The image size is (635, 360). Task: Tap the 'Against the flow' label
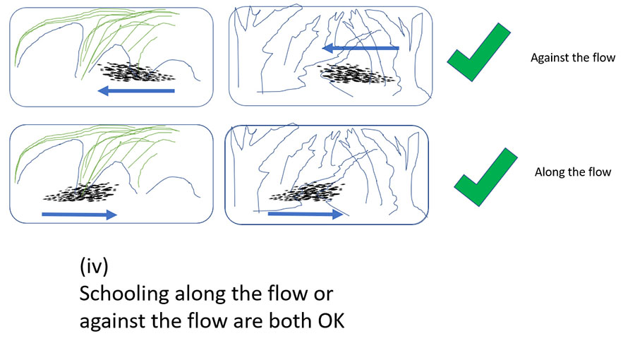[x=573, y=57]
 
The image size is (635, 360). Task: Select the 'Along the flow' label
[x=573, y=172]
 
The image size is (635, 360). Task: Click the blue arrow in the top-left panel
[x=136, y=91]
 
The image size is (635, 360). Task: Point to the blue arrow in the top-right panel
[x=361, y=48]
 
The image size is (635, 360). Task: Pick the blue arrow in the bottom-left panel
[x=79, y=214]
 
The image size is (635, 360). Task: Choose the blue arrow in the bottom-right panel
[x=306, y=213]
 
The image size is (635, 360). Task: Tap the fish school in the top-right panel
[x=356, y=74]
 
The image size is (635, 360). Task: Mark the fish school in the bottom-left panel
[x=81, y=193]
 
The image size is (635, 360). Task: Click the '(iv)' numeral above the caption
[x=94, y=266]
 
